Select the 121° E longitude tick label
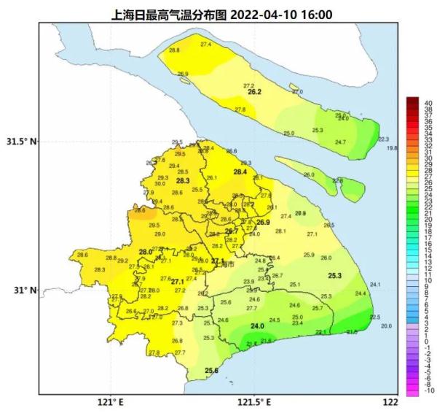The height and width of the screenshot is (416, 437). [111, 402]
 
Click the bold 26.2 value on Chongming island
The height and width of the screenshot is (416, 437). [254, 93]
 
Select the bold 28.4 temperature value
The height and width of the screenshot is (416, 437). [240, 172]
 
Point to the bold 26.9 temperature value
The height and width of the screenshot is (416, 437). [263, 222]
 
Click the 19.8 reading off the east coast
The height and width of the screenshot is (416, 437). [392, 148]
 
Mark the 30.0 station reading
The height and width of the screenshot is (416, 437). [160, 184]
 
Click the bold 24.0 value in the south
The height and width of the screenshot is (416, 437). [257, 326]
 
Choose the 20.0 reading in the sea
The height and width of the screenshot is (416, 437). [386, 326]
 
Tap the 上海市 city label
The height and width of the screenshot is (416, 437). [228, 263]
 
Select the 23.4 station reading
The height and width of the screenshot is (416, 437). [297, 323]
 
